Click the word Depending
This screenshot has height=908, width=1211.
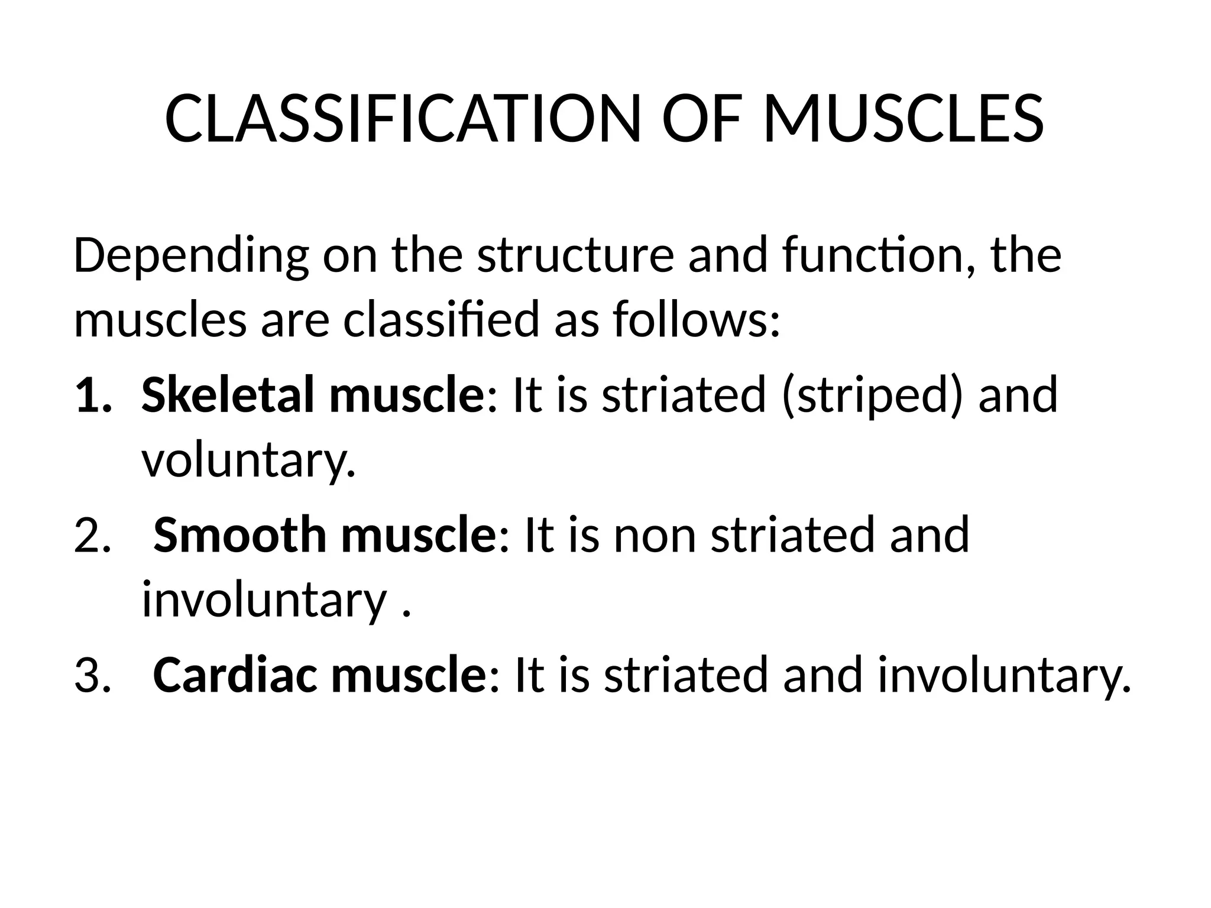190,257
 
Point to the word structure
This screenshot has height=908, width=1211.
575,257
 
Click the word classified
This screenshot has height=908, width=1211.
441,320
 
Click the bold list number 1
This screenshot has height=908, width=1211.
92,396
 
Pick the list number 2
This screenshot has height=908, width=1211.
92,536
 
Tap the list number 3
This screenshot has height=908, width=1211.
92,676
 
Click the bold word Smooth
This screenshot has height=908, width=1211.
240,535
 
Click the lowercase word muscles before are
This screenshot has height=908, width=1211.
160,320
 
